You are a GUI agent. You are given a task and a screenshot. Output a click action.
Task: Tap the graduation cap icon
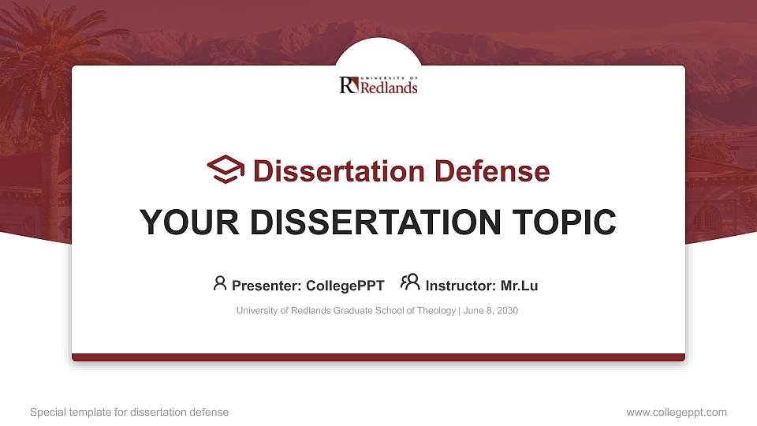pos(226,170)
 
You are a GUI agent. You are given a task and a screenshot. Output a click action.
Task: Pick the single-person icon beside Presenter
pos(220,282)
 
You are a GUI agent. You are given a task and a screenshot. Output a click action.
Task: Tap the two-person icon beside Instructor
pos(410,282)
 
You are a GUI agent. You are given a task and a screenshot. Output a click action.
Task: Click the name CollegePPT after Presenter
pos(346,286)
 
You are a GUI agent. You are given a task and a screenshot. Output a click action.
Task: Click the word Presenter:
pos(267,286)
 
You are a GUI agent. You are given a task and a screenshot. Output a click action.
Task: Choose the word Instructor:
pos(461,286)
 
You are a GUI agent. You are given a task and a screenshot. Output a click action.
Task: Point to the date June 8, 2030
pos(490,311)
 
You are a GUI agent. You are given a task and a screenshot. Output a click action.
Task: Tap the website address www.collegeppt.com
pos(677,412)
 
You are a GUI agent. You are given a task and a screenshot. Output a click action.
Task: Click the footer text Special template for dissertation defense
pos(129,412)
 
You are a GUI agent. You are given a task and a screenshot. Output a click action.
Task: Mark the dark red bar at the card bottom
pos(378,357)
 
